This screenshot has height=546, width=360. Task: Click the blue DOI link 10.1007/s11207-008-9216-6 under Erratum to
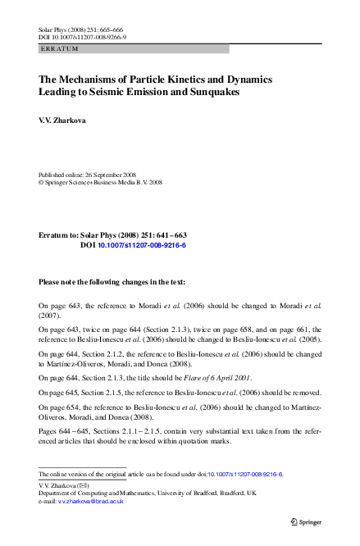[x=142, y=245]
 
